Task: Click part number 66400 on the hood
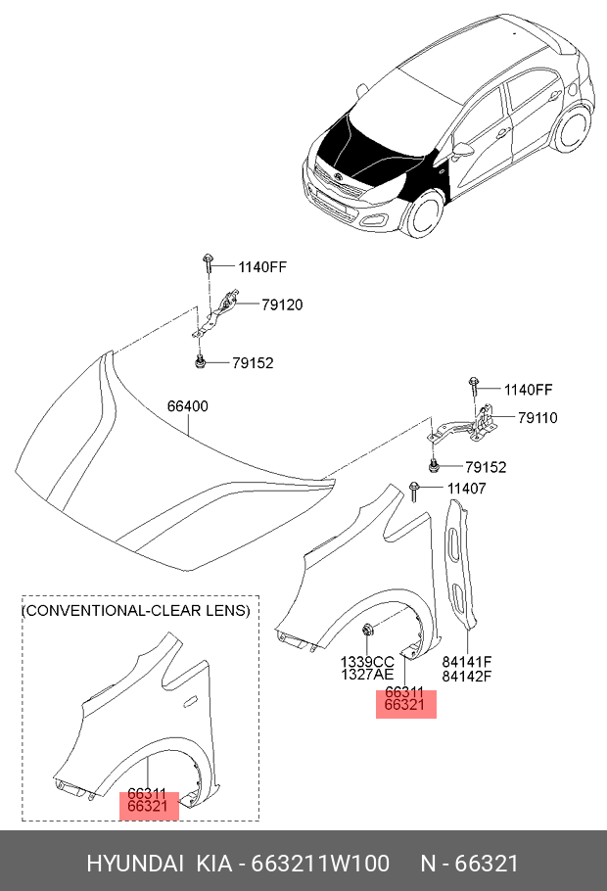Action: pos(187,405)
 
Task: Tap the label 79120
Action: pos(281,305)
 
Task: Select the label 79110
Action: pos(537,417)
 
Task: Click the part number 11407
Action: pos(466,489)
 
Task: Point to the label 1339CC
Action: pos(367,662)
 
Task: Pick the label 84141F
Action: pos(465,662)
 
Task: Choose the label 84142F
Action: pos(465,676)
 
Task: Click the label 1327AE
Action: pos(367,676)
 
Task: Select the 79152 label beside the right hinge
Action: pos(486,467)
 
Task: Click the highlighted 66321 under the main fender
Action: pos(404,705)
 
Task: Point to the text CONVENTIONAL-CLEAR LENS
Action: pos(136,610)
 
